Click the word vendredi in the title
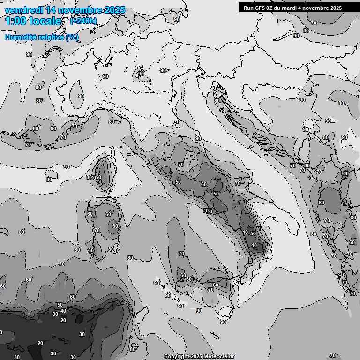(23, 10)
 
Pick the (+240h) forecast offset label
(83, 21)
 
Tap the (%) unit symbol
(72, 37)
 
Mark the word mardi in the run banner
(296, 8)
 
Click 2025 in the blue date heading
(115, 10)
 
